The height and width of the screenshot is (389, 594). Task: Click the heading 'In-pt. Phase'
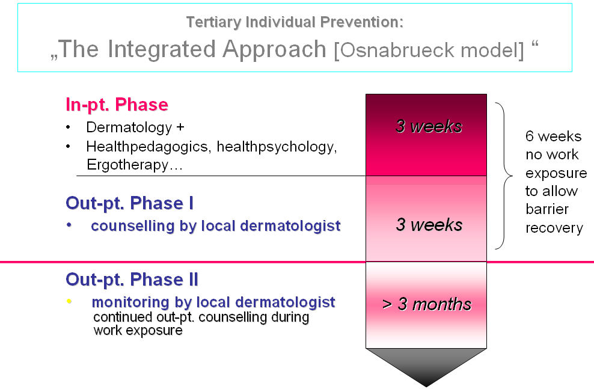point(117,105)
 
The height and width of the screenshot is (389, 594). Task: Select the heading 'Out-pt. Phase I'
point(129,203)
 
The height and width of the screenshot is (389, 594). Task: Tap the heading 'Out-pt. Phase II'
point(132,280)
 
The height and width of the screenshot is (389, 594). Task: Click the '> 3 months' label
point(427,304)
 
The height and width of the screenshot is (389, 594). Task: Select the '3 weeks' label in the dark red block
point(429,126)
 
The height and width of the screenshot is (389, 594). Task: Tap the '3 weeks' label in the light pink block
point(429,225)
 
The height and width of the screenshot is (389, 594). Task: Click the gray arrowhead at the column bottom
point(426,367)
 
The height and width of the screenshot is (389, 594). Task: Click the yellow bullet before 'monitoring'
point(69,301)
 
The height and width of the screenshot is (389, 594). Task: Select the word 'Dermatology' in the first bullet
point(129,127)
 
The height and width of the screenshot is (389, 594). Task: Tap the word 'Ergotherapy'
point(127,165)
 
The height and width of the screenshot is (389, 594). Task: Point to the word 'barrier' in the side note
point(547,209)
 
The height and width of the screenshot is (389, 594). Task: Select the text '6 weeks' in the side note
point(554,136)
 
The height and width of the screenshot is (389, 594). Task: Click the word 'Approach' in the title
point(274,50)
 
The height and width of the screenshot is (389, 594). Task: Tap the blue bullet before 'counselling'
point(69,225)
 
